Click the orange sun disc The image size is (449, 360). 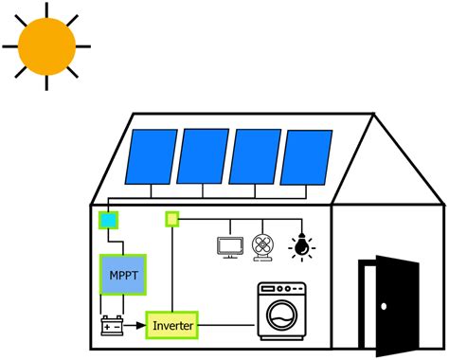pyautogui.click(x=45, y=45)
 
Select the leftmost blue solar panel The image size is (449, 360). pyautogui.click(x=150, y=156)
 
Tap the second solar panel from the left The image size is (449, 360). pyautogui.click(x=201, y=156)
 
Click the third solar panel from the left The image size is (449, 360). pyautogui.click(x=253, y=157)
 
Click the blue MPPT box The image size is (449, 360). pyautogui.click(x=122, y=276)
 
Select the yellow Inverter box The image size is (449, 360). pyautogui.click(x=171, y=327)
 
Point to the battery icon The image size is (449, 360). pyautogui.click(x=115, y=328)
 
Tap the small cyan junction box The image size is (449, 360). pyautogui.click(x=109, y=221)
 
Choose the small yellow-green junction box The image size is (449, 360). pyautogui.click(x=172, y=219)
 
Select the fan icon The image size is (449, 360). pyautogui.click(x=263, y=246)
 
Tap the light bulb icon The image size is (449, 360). pyautogui.click(x=300, y=246)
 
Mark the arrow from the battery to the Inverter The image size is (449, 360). pyautogui.click(x=136, y=328)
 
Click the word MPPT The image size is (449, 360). pyautogui.click(x=122, y=276)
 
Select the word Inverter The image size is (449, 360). pyautogui.click(x=171, y=327)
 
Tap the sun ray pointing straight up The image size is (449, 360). pyautogui.click(x=45, y=6)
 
